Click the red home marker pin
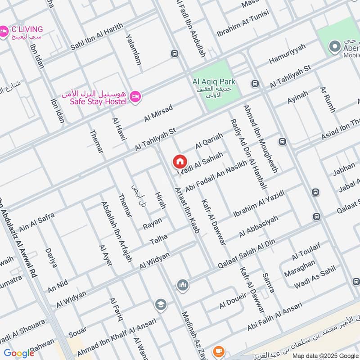pos(179,162)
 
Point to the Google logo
pos(19,353)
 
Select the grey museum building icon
pos(183,285)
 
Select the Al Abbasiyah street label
pos(258,226)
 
